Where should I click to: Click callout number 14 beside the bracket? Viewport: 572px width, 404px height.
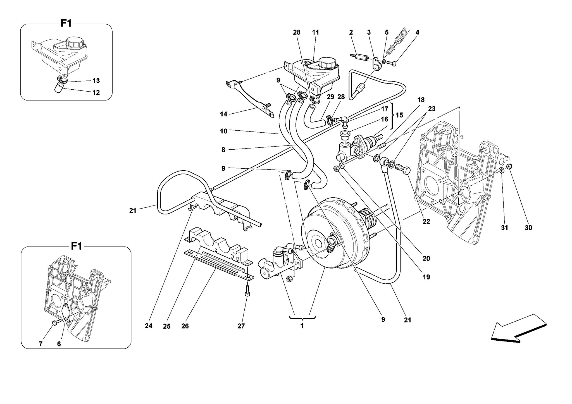pos(223,114)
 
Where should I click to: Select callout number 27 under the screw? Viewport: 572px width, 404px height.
pos(241,326)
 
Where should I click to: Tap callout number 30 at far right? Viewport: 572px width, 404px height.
pos(528,228)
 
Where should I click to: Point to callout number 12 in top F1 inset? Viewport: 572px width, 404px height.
pos(96,92)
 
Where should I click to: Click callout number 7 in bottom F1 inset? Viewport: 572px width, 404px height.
pos(41,344)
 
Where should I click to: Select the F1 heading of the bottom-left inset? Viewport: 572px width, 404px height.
pos(76,246)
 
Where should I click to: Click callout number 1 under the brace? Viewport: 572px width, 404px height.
pos(302,326)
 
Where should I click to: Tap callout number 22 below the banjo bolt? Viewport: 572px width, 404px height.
pos(426,222)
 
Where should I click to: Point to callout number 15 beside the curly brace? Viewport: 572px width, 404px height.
pos(399,115)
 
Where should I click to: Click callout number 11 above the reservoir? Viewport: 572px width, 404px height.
pos(315,32)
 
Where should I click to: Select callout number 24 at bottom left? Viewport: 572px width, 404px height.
pos(148,326)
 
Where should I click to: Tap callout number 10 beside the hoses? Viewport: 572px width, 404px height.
pos(223,131)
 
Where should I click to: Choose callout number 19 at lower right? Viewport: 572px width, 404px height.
pos(426,277)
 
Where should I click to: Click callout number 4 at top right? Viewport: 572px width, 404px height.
pos(417,32)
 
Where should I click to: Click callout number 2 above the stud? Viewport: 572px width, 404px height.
pos(351,32)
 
